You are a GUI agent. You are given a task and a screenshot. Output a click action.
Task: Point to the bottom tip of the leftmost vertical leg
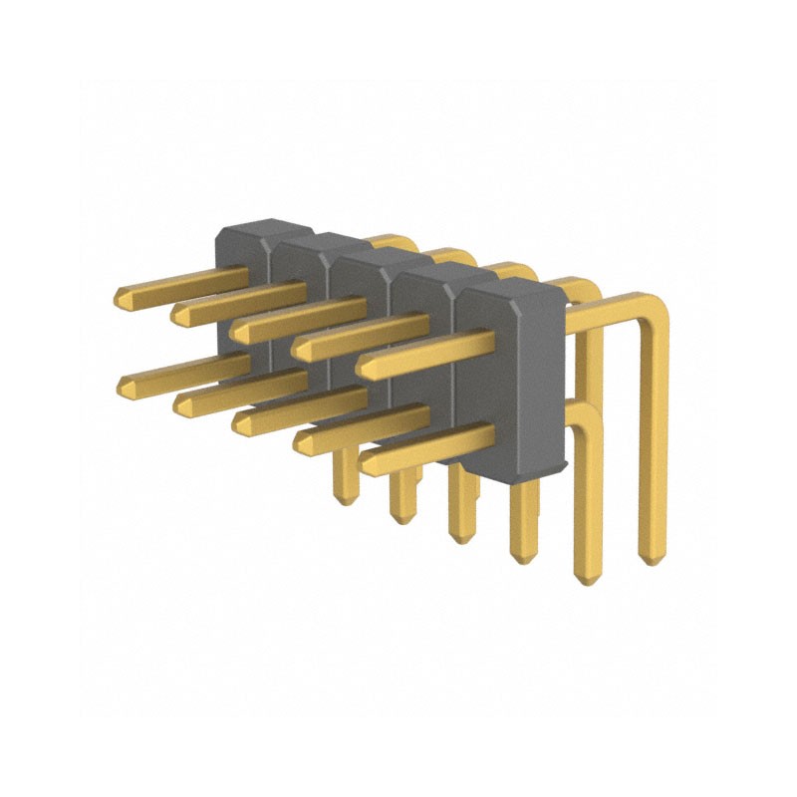(345, 498)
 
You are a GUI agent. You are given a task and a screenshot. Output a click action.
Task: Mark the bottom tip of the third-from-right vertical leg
(521, 558)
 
